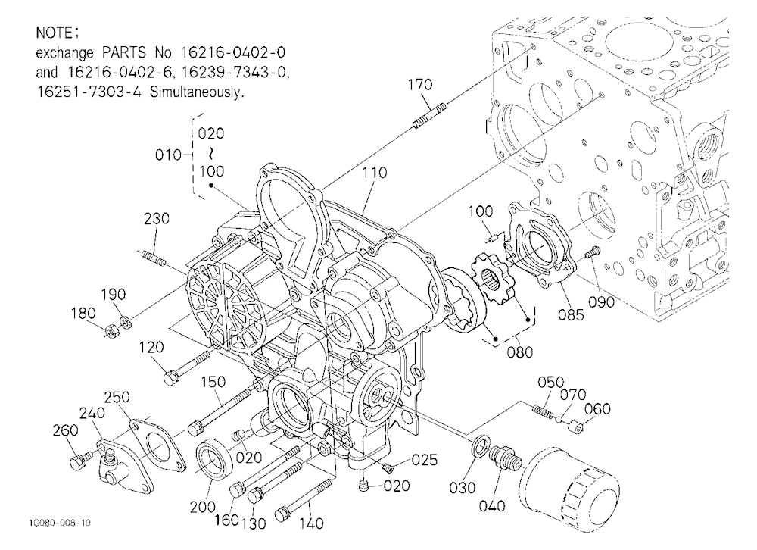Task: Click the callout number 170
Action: (420, 85)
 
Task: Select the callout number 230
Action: (157, 218)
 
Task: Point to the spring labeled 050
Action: (544, 411)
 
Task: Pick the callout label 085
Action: (571, 314)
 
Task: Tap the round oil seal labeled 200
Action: (214, 460)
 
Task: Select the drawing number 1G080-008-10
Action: (59, 523)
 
